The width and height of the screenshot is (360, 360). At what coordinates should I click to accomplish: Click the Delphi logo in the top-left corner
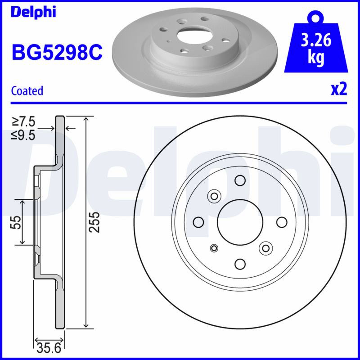pyautogui.click(x=33, y=12)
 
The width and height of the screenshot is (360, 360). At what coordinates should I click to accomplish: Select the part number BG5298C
pyautogui.click(x=57, y=53)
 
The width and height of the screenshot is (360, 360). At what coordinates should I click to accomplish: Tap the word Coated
pyautogui.click(x=27, y=91)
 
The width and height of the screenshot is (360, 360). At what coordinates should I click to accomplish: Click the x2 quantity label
pyautogui.click(x=339, y=90)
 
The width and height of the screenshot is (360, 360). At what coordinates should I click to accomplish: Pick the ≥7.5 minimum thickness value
pyautogui.click(x=24, y=121)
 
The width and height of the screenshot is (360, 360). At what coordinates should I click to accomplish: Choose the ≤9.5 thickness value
pyautogui.click(x=23, y=135)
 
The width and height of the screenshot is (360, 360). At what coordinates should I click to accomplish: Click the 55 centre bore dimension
pyautogui.click(x=16, y=222)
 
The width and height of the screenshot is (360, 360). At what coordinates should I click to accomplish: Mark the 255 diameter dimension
pyautogui.click(x=94, y=222)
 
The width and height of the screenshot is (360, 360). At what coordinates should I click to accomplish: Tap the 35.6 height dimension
pyautogui.click(x=49, y=348)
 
